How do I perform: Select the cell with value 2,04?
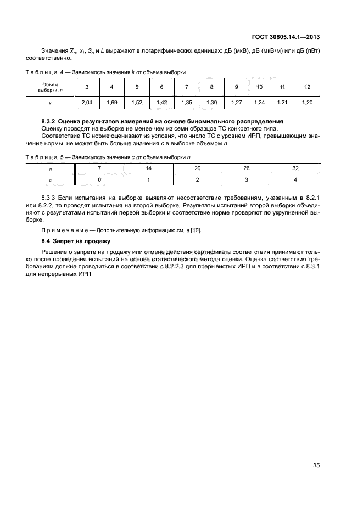86,102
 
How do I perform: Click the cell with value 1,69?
111,102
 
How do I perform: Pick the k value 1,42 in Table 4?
161,102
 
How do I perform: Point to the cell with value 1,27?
236,102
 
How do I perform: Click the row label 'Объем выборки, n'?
50,87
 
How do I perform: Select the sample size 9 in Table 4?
236,87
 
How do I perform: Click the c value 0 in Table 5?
99,179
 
